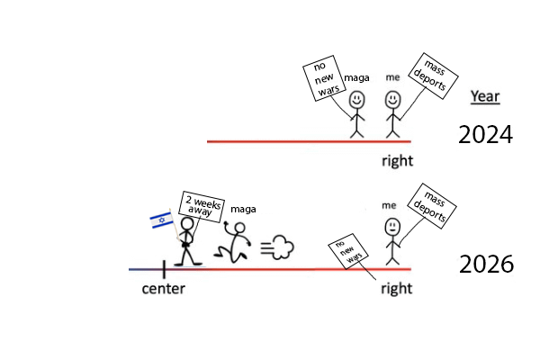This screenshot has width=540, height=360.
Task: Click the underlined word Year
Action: [x=485, y=97]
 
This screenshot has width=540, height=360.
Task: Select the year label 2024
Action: [x=485, y=135]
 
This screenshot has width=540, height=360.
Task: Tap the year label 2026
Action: [x=486, y=265]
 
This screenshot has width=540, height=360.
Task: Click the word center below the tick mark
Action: [x=164, y=290]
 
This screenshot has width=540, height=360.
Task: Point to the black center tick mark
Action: [x=164, y=268]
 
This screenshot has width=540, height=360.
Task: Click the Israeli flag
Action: [x=161, y=220]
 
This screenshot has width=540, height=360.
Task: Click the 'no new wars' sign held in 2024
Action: [x=321, y=82]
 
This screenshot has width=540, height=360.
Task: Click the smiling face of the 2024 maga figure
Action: [x=357, y=99]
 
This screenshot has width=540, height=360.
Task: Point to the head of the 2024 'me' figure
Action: [x=392, y=100]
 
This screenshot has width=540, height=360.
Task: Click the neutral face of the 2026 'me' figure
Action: [x=391, y=227]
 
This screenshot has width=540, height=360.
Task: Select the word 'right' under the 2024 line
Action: [x=396, y=161]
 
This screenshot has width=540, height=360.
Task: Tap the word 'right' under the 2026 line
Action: [x=396, y=289]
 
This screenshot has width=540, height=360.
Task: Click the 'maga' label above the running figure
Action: [x=243, y=210]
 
